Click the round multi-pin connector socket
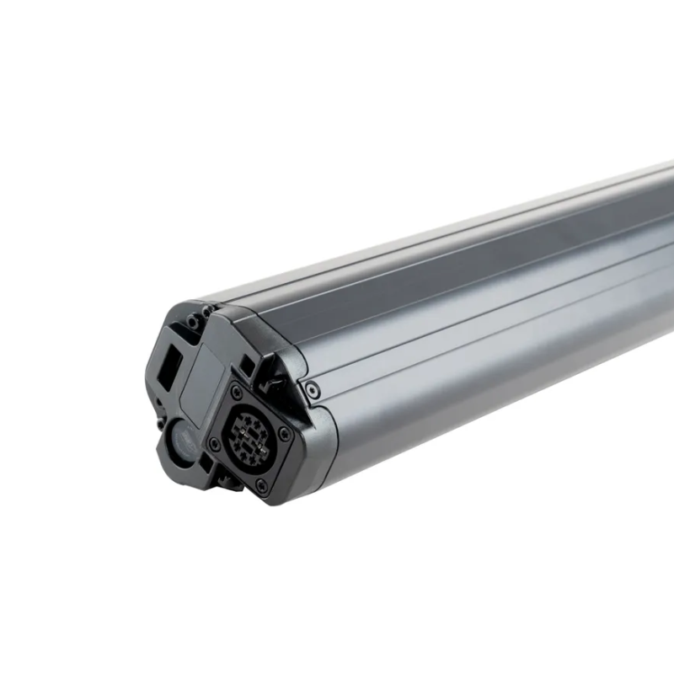tap(250, 436)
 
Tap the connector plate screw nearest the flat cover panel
tap(237, 393)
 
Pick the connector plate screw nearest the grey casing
tap(286, 435)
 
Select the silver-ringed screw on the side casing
tap(313, 390)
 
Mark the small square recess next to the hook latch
tap(245, 367)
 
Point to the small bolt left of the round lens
tap(159, 419)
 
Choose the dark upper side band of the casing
tap(472, 253)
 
